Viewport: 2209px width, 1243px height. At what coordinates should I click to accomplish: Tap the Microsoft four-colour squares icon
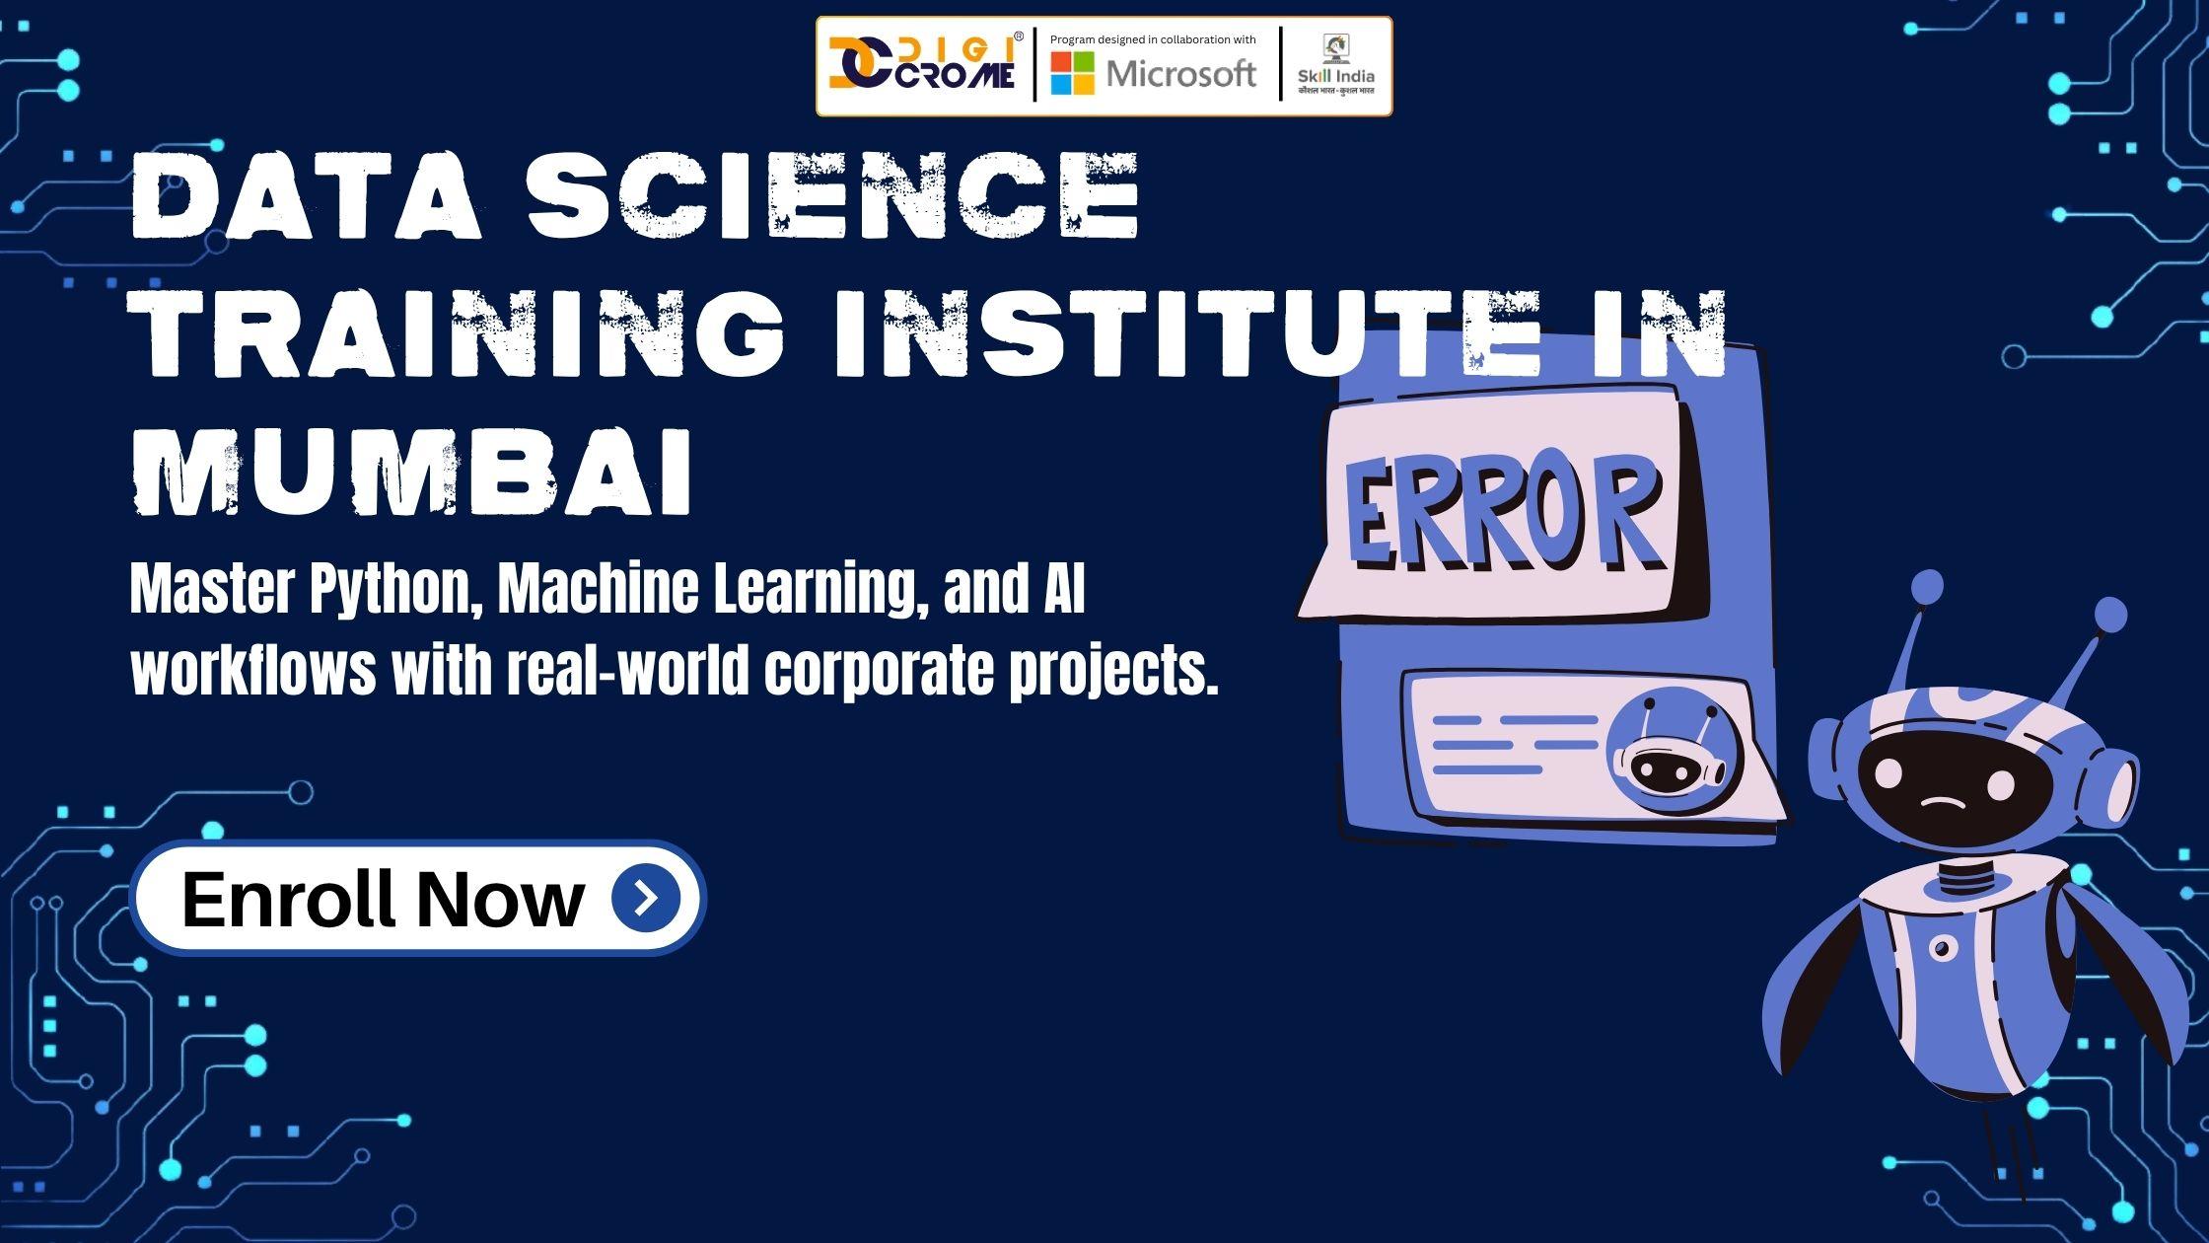1072,73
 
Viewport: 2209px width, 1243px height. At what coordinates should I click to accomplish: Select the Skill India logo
1336,65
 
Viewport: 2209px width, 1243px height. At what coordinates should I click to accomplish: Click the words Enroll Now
383,898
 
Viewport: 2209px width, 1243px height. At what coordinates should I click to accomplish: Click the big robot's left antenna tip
1926,588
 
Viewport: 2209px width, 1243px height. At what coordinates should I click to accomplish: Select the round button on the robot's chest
1942,949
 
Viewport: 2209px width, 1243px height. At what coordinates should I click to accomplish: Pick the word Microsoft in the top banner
1181,74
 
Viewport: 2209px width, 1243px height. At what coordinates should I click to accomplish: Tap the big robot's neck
1964,878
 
